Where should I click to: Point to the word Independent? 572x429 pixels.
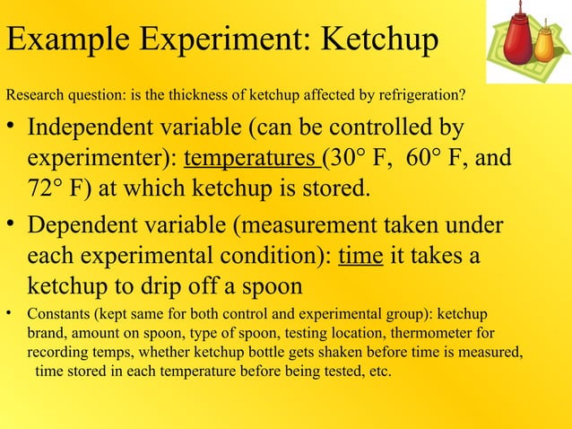(98, 127)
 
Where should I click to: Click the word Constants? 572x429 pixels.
(57, 315)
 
